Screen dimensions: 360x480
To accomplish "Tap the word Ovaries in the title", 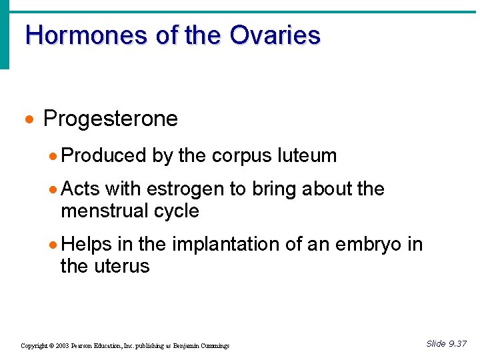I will (x=275, y=35).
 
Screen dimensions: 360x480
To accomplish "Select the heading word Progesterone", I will (x=111, y=119).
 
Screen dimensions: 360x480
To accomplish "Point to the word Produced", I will (x=103, y=156).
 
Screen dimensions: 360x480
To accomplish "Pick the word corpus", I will (x=242, y=156).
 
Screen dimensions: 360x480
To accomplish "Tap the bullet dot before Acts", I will (x=54, y=189).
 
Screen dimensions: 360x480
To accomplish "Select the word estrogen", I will (x=185, y=189).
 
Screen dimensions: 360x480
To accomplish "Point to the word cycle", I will (x=176, y=211).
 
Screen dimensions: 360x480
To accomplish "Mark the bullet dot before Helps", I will (x=54, y=245).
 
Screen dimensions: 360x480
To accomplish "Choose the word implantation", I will (x=225, y=245).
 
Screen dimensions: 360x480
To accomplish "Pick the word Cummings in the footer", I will (x=215, y=346).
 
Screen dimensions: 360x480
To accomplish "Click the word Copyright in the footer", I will (x=35, y=346).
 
